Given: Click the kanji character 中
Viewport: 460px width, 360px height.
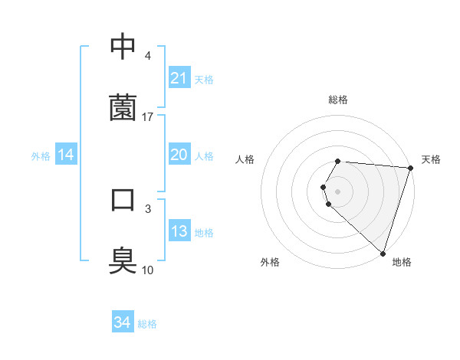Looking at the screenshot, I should [x=123, y=47].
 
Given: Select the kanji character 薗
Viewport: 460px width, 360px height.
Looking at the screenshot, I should [x=123, y=107].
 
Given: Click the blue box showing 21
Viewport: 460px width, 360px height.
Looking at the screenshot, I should [x=179, y=78].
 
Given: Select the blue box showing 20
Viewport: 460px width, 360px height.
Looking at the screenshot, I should [x=179, y=155].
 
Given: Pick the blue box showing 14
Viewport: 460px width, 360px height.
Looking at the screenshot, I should [x=66, y=155].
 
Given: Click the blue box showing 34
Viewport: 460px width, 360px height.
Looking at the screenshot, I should [x=122, y=323].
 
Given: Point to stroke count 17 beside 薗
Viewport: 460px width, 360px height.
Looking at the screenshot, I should [x=148, y=116].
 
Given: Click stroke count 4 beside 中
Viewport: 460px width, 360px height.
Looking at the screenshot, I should [x=147, y=56].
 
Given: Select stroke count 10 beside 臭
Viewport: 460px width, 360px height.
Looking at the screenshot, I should [x=148, y=270].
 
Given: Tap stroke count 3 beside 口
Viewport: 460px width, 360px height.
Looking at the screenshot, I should [x=147, y=208].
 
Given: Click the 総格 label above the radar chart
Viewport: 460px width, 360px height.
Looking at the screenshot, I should [x=338, y=100].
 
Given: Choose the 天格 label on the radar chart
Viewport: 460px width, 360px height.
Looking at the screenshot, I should [x=432, y=159].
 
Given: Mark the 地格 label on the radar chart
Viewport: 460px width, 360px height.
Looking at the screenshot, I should [x=402, y=262].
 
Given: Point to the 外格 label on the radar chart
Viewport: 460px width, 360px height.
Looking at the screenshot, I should [x=270, y=262].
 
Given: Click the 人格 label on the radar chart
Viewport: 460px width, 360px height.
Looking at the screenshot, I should [x=245, y=159].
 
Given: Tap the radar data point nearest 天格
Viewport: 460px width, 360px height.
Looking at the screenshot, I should [x=410, y=168].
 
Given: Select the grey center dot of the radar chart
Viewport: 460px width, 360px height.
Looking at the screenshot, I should [x=338, y=191].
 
